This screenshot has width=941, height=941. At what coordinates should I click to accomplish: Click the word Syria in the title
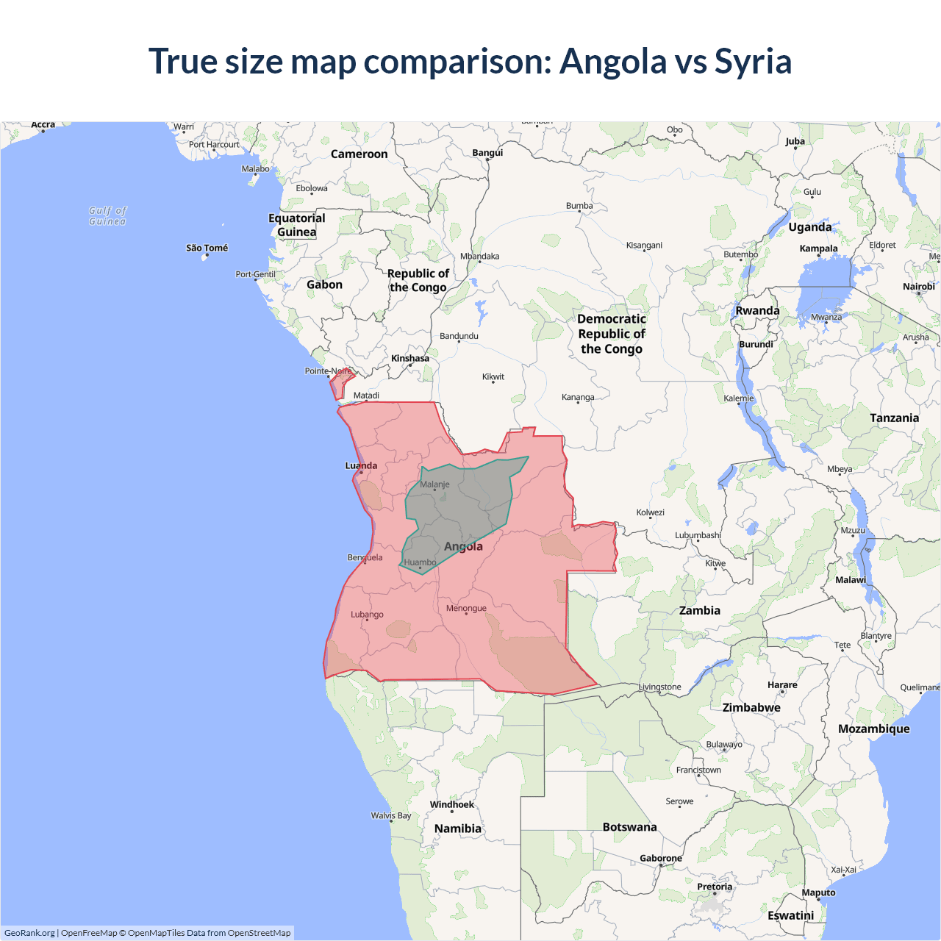coord(753,62)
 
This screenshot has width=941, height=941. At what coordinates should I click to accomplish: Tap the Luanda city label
coord(361,465)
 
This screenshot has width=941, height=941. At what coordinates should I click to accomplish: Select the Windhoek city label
coord(452,804)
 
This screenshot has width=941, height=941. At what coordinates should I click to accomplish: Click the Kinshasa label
coord(410,358)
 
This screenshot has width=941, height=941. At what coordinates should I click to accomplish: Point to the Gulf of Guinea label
coord(107,215)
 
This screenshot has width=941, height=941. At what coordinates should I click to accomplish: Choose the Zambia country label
coord(699,610)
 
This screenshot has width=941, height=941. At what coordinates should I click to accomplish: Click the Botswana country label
coord(629,827)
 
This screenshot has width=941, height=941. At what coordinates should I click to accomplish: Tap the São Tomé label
coord(207,248)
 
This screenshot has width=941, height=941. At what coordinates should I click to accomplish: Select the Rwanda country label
coord(757,310)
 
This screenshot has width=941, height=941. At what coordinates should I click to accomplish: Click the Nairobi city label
coord(918,287)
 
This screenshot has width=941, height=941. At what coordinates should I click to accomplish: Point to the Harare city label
coord(782,684)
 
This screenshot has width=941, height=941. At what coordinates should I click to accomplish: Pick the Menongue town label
coord(466,608)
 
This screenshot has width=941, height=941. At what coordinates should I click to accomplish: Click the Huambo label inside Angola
coord(420,562)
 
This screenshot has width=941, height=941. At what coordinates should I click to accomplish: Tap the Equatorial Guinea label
coord(297,225)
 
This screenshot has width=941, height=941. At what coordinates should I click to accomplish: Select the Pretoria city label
coord(715,887)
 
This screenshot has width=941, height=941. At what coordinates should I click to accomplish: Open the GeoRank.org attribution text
coord(29,933)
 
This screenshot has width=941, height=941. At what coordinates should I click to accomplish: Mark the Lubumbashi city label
coord(698,535)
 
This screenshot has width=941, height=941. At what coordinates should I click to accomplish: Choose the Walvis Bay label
coord(391,815)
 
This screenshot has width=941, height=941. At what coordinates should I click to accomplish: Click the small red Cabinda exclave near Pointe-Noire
coord(340,384)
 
